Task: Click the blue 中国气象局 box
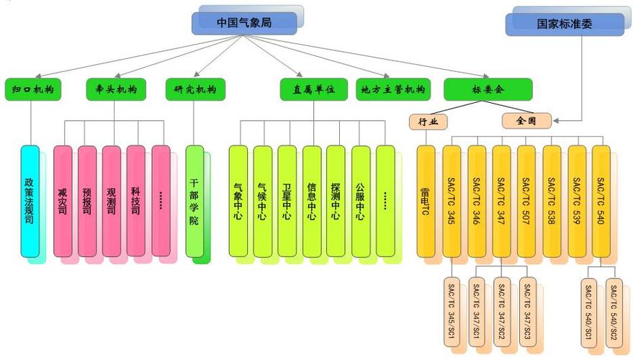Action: tap(244, 23)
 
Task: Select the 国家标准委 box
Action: tap(554, 24)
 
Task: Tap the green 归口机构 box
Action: tap(33, 90)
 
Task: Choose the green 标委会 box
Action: tap(488, 90)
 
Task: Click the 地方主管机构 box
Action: tap(393, 90)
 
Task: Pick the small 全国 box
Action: tap(526, 121)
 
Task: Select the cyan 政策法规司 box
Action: tap(30, 202)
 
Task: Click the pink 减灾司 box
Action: tap(63, 202)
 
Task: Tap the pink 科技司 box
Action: tap(136, 202)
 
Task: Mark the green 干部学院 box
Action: tap(194, 202)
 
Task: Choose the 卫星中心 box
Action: tap(287, 202)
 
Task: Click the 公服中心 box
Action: tap(360, 202)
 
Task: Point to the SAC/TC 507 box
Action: tap(526, 202)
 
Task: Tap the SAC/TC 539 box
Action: tap(576, 202)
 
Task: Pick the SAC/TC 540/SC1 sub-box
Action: tap(590, 312)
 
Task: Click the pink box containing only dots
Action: tap(161, 202)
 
